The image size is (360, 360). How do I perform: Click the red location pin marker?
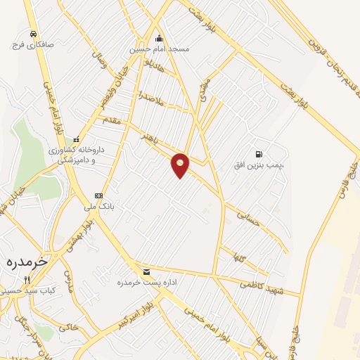[181, 165]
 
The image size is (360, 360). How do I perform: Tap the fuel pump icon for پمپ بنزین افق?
[259, 155]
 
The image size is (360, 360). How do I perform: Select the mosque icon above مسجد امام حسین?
[159, 39]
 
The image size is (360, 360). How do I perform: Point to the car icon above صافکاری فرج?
[33, 33]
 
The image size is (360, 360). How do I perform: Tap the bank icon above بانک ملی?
[98, 196]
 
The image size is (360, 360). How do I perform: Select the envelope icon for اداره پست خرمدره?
[146, 271]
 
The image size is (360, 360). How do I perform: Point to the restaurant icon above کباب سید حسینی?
[27, 279]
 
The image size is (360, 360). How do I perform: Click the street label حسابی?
[248, 214]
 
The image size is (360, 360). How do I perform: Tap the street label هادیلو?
[153, 70]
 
